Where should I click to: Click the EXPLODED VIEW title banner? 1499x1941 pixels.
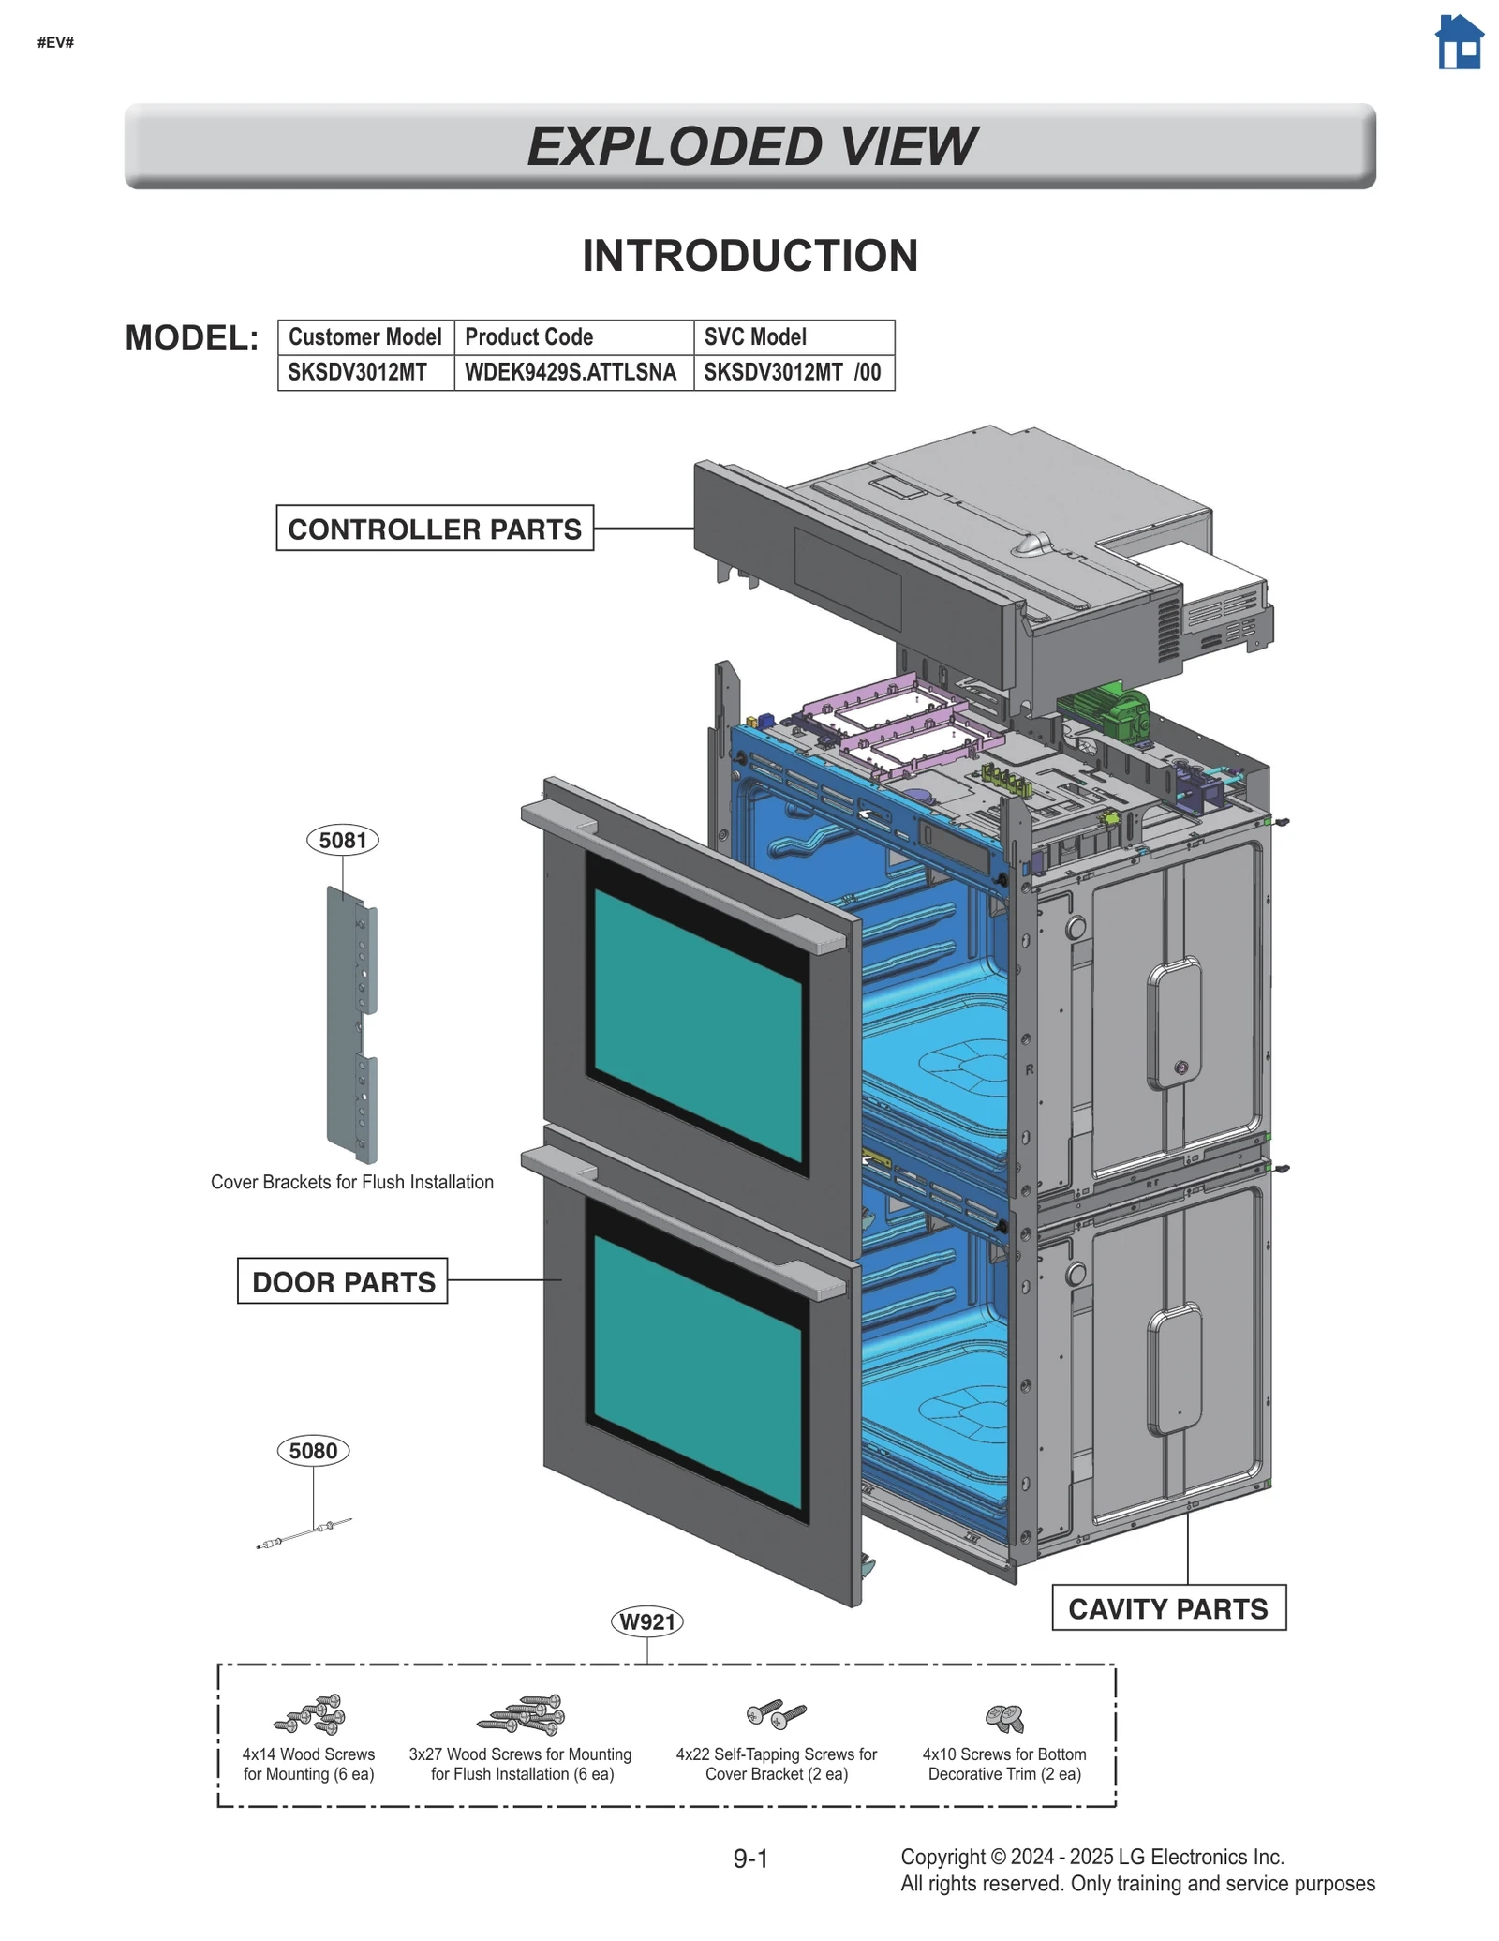point(749,146)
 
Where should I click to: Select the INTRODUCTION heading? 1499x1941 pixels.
point(749,256)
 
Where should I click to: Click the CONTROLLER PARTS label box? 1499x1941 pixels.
point(435,529)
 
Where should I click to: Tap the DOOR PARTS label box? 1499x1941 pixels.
point(343,1281)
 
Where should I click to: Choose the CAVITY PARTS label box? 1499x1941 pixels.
point(1167,1608)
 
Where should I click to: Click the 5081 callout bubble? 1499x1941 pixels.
point(343,840)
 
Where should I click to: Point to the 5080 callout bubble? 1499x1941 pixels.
point(313,1451)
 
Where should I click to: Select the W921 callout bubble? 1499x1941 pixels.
point(646,1621)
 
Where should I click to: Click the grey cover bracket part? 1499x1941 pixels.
point(351,1026)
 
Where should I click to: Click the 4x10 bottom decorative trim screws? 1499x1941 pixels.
point(1004,1718)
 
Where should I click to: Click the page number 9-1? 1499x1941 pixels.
point(750,1858)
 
